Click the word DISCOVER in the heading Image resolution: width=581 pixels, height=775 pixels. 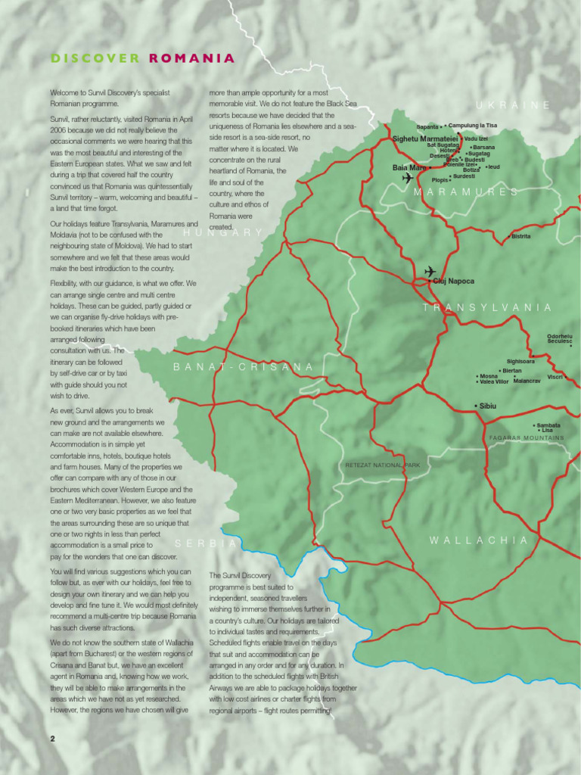coord(95,58)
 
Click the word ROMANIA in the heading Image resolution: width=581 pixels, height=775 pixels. coord(191,58)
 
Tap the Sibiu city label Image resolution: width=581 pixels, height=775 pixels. coord(487,406)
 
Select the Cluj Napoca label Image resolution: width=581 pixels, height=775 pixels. coord(454,281)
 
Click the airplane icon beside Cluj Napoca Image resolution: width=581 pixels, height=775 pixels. coord(430,271)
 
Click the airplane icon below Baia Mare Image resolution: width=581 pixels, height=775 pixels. coord(409,179)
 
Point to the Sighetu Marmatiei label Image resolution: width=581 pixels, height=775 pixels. coord(425,139)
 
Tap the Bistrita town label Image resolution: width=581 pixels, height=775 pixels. coord(520,237)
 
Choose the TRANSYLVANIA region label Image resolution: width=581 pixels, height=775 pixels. coord(487,307)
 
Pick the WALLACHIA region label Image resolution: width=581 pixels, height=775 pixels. coord(479,540)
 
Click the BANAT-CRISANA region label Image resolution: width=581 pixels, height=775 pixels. coord(244,367)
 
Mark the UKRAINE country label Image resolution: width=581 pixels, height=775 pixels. coord(514,105)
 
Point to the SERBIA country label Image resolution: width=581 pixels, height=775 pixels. coord(206,543)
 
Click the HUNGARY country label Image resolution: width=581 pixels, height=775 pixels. coord(222,232)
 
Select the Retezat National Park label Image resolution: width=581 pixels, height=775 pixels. coord(382,465)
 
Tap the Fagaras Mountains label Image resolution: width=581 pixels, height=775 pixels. coord(527,438)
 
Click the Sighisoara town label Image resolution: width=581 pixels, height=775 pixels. coord(520,362)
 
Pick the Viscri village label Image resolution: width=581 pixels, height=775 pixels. coord(555,376)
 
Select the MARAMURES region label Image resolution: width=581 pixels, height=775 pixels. coord(466,192)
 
